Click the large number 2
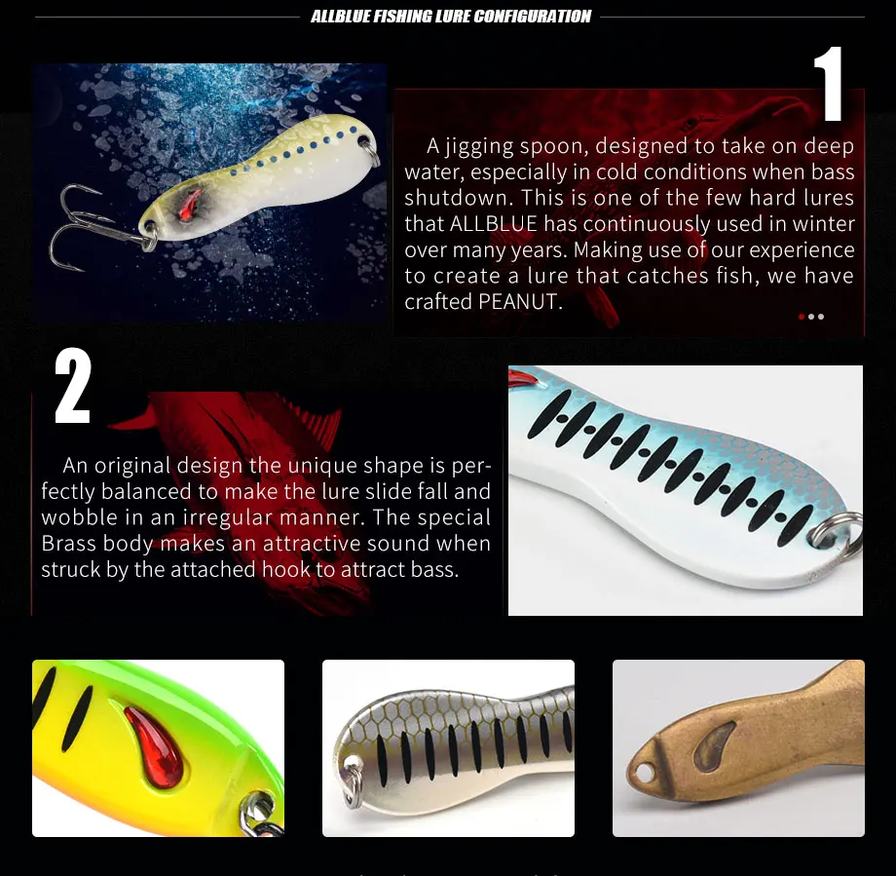(x=73, y=387)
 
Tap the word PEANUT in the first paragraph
(x=520, y=302)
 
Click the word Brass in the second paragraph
(x=72, y=544)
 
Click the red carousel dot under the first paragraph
(x=802, y=317)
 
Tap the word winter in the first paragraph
(x=824, y=224)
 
